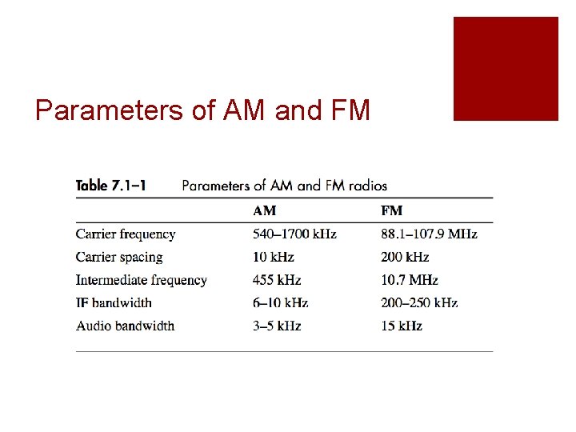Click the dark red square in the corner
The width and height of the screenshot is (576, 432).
pyautogui.click(x=506, y=69)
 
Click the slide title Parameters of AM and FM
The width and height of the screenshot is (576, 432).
pyautogui.click(x=202, y=110)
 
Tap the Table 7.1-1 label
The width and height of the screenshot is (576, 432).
pyautogui.click(x=110, y=186)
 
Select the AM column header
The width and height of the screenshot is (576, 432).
pyautogui.click(x=266, y=211)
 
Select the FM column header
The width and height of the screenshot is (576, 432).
pyautogui.click(x=392, y=211)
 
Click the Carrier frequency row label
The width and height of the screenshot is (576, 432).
pyautogui.click(x=126, y=234)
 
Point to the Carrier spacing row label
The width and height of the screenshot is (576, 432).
pyautogui.click(x=119, y=258)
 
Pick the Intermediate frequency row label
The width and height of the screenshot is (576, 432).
pyautogui.click(x=142, y=280)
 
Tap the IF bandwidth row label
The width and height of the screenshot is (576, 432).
pyautogui.click(x=114, y=303)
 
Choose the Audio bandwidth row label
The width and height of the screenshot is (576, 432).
pyautogui.click(x=125, y=326)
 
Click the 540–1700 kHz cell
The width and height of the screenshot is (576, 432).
pyautogui.click(x=294, y=234)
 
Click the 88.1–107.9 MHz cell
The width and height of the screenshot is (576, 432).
pyautogui.click(x=429, y=234)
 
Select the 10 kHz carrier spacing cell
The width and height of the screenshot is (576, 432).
pyautogui.click(x=274, y=258)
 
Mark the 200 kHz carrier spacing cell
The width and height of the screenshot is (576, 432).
pyautogui.click(x=405, y=258)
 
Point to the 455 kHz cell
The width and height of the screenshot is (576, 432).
pyautogui.click(x=277, y=280)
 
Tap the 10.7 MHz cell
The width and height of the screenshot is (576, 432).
pyautogui.click(x=410, y=280)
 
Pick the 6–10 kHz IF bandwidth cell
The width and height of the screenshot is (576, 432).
pyautogui.click(x=280, y=303)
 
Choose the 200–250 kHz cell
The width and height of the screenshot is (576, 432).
pyautogui.click(x=419, y=303)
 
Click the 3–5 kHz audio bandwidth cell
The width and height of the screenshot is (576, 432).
pyautogui.click(x=277, y=326)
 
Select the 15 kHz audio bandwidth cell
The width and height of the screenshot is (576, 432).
pyautogui.click(x=402, y=326)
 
